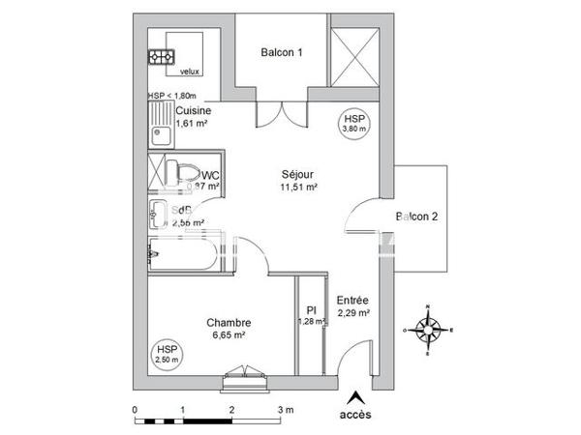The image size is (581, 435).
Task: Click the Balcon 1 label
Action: click(283, 54)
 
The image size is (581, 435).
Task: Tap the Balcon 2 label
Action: click(417, 217)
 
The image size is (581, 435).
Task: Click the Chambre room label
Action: click(229, 323)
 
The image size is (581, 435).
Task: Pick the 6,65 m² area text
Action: click(229, 335)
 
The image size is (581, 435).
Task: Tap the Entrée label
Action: click(352, 301)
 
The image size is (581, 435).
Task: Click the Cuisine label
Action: click(194, 111)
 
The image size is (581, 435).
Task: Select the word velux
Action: click(190, 71)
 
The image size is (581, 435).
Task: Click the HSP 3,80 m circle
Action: click(353, 122)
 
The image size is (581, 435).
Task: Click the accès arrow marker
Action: click(355, 396)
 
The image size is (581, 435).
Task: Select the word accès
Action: click(355, 416)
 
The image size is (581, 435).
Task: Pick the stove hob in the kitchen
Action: click(158, 57)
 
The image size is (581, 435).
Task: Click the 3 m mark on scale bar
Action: click(282, 410)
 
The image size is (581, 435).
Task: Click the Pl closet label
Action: click(312, 311)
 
